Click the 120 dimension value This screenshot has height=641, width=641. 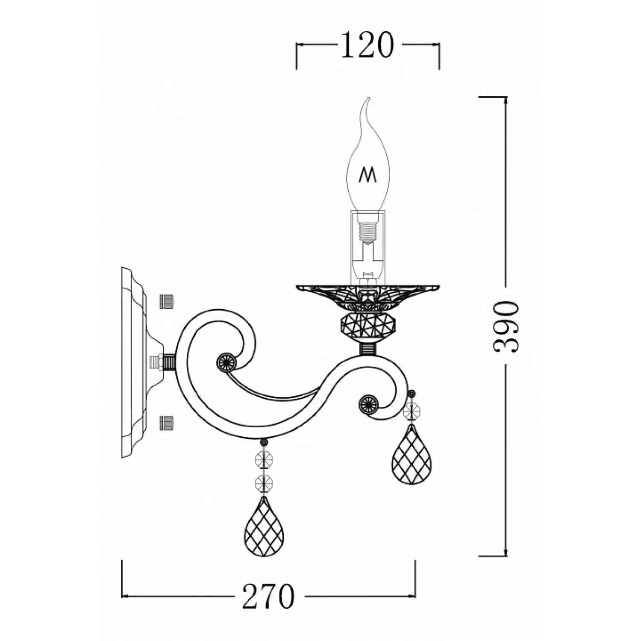click(x=367, y=45)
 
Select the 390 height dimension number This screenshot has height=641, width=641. click(x=506, y=326)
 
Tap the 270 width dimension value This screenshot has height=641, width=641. click(x=268, y=596)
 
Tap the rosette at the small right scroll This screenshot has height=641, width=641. click(x=368, y=403)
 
